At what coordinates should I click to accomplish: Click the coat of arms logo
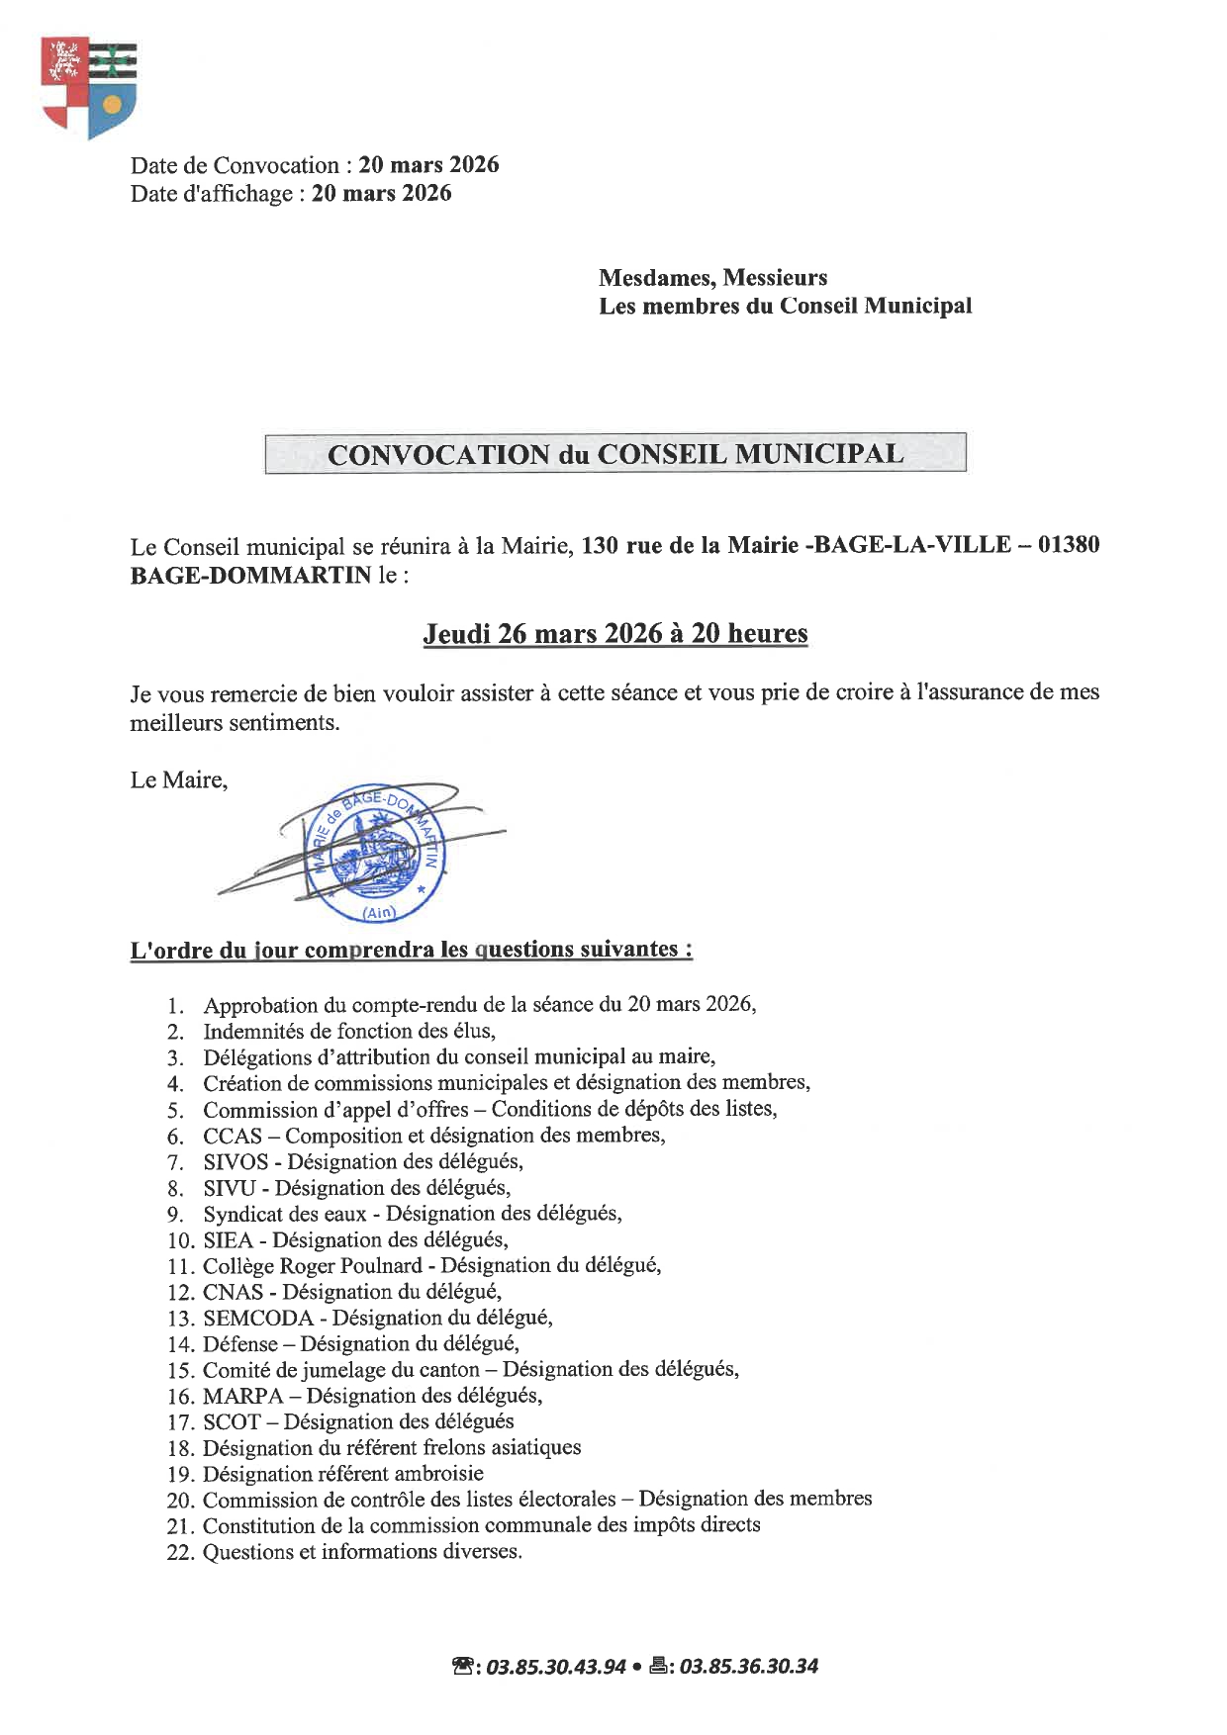pos(88,87)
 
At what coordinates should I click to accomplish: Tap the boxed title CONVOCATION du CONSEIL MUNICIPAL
pos(614,454)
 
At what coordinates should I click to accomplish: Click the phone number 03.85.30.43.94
pos(556,1666)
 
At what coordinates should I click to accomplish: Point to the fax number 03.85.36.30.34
pos(749,1666)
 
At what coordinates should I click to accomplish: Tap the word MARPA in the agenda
pos(242,1396)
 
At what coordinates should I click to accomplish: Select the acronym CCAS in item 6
pos(233,1136)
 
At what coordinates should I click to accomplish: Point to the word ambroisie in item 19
pos(437,1474)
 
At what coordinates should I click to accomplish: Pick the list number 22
pos(179,1553)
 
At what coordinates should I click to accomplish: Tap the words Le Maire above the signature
pos(178,780)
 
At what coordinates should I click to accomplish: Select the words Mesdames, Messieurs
pos(712,278)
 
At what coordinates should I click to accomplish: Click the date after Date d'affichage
pos(381,193)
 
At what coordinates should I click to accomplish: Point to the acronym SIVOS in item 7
pos(236,1161)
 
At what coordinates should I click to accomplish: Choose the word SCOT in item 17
pos(232,1421)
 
